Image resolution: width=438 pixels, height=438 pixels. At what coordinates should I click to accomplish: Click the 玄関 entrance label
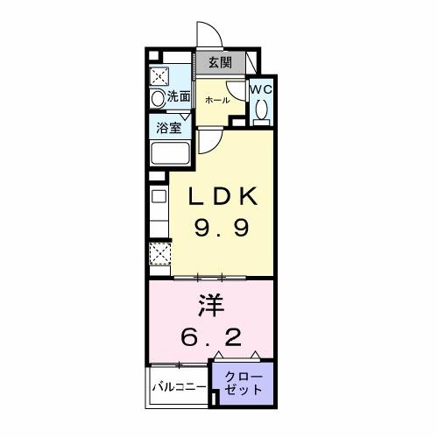pos(220,62)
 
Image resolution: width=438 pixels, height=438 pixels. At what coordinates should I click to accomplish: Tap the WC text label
pos(260,88)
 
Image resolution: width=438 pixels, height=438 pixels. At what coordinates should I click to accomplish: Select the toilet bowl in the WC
pos(261,109)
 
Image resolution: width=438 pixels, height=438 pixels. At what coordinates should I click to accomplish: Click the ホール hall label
pos(216,100)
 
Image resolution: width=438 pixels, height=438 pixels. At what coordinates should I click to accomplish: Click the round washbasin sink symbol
pos(159,99)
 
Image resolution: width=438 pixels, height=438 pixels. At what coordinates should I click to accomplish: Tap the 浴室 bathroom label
pos(169,127)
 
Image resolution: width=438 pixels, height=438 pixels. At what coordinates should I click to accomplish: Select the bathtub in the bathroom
pos(172,153)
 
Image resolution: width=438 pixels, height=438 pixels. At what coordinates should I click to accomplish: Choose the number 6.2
pos(210,336)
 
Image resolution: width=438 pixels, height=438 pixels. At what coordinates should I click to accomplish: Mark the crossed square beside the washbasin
pos(159,74)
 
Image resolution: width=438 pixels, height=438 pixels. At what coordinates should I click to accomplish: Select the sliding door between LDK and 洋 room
pos(210,277)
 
